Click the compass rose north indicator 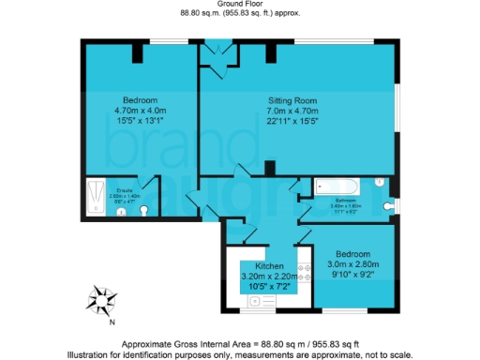[x=100, y=300]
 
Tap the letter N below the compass [x=111, y=322]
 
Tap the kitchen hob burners [x=304, y=273]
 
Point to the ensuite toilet [x=142, y=211]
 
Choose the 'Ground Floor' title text [x=239, y=5]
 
